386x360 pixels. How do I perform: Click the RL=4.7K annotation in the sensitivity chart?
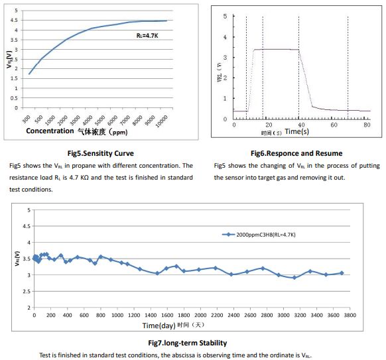click(x=147, y=36)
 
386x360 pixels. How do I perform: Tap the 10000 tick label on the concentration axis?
click(x=162, y=121)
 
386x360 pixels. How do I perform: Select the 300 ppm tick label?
click(x=27, y=119)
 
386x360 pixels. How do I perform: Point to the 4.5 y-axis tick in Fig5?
click(x=15, y=20)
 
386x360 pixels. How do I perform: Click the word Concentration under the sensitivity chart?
click(x=50, y=131)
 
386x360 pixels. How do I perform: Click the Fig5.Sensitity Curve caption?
click(x=101, y=153)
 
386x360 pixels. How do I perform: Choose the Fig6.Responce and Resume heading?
click(x=296, y=153)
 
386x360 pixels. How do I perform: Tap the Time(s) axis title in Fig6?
click(x=297, y=131)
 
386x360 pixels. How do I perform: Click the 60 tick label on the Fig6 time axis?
click(x=334, y=125)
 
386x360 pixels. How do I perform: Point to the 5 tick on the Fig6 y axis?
click(x=225, y=16)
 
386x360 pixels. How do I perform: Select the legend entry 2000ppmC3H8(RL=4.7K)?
click(x=265, y=235)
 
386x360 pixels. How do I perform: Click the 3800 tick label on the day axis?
click(x=350, y=315)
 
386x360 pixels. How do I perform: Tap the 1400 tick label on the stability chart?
click(x=151, y=315)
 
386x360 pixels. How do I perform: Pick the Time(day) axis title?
click(x=159, y=326)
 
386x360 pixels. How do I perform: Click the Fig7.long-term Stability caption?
click(x=188, y=343)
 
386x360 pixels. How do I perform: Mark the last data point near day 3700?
click(x=342, y=273)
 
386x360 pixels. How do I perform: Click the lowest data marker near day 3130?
click(x=294, y=278)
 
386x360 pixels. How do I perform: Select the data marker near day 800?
click(x=100, y=257)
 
